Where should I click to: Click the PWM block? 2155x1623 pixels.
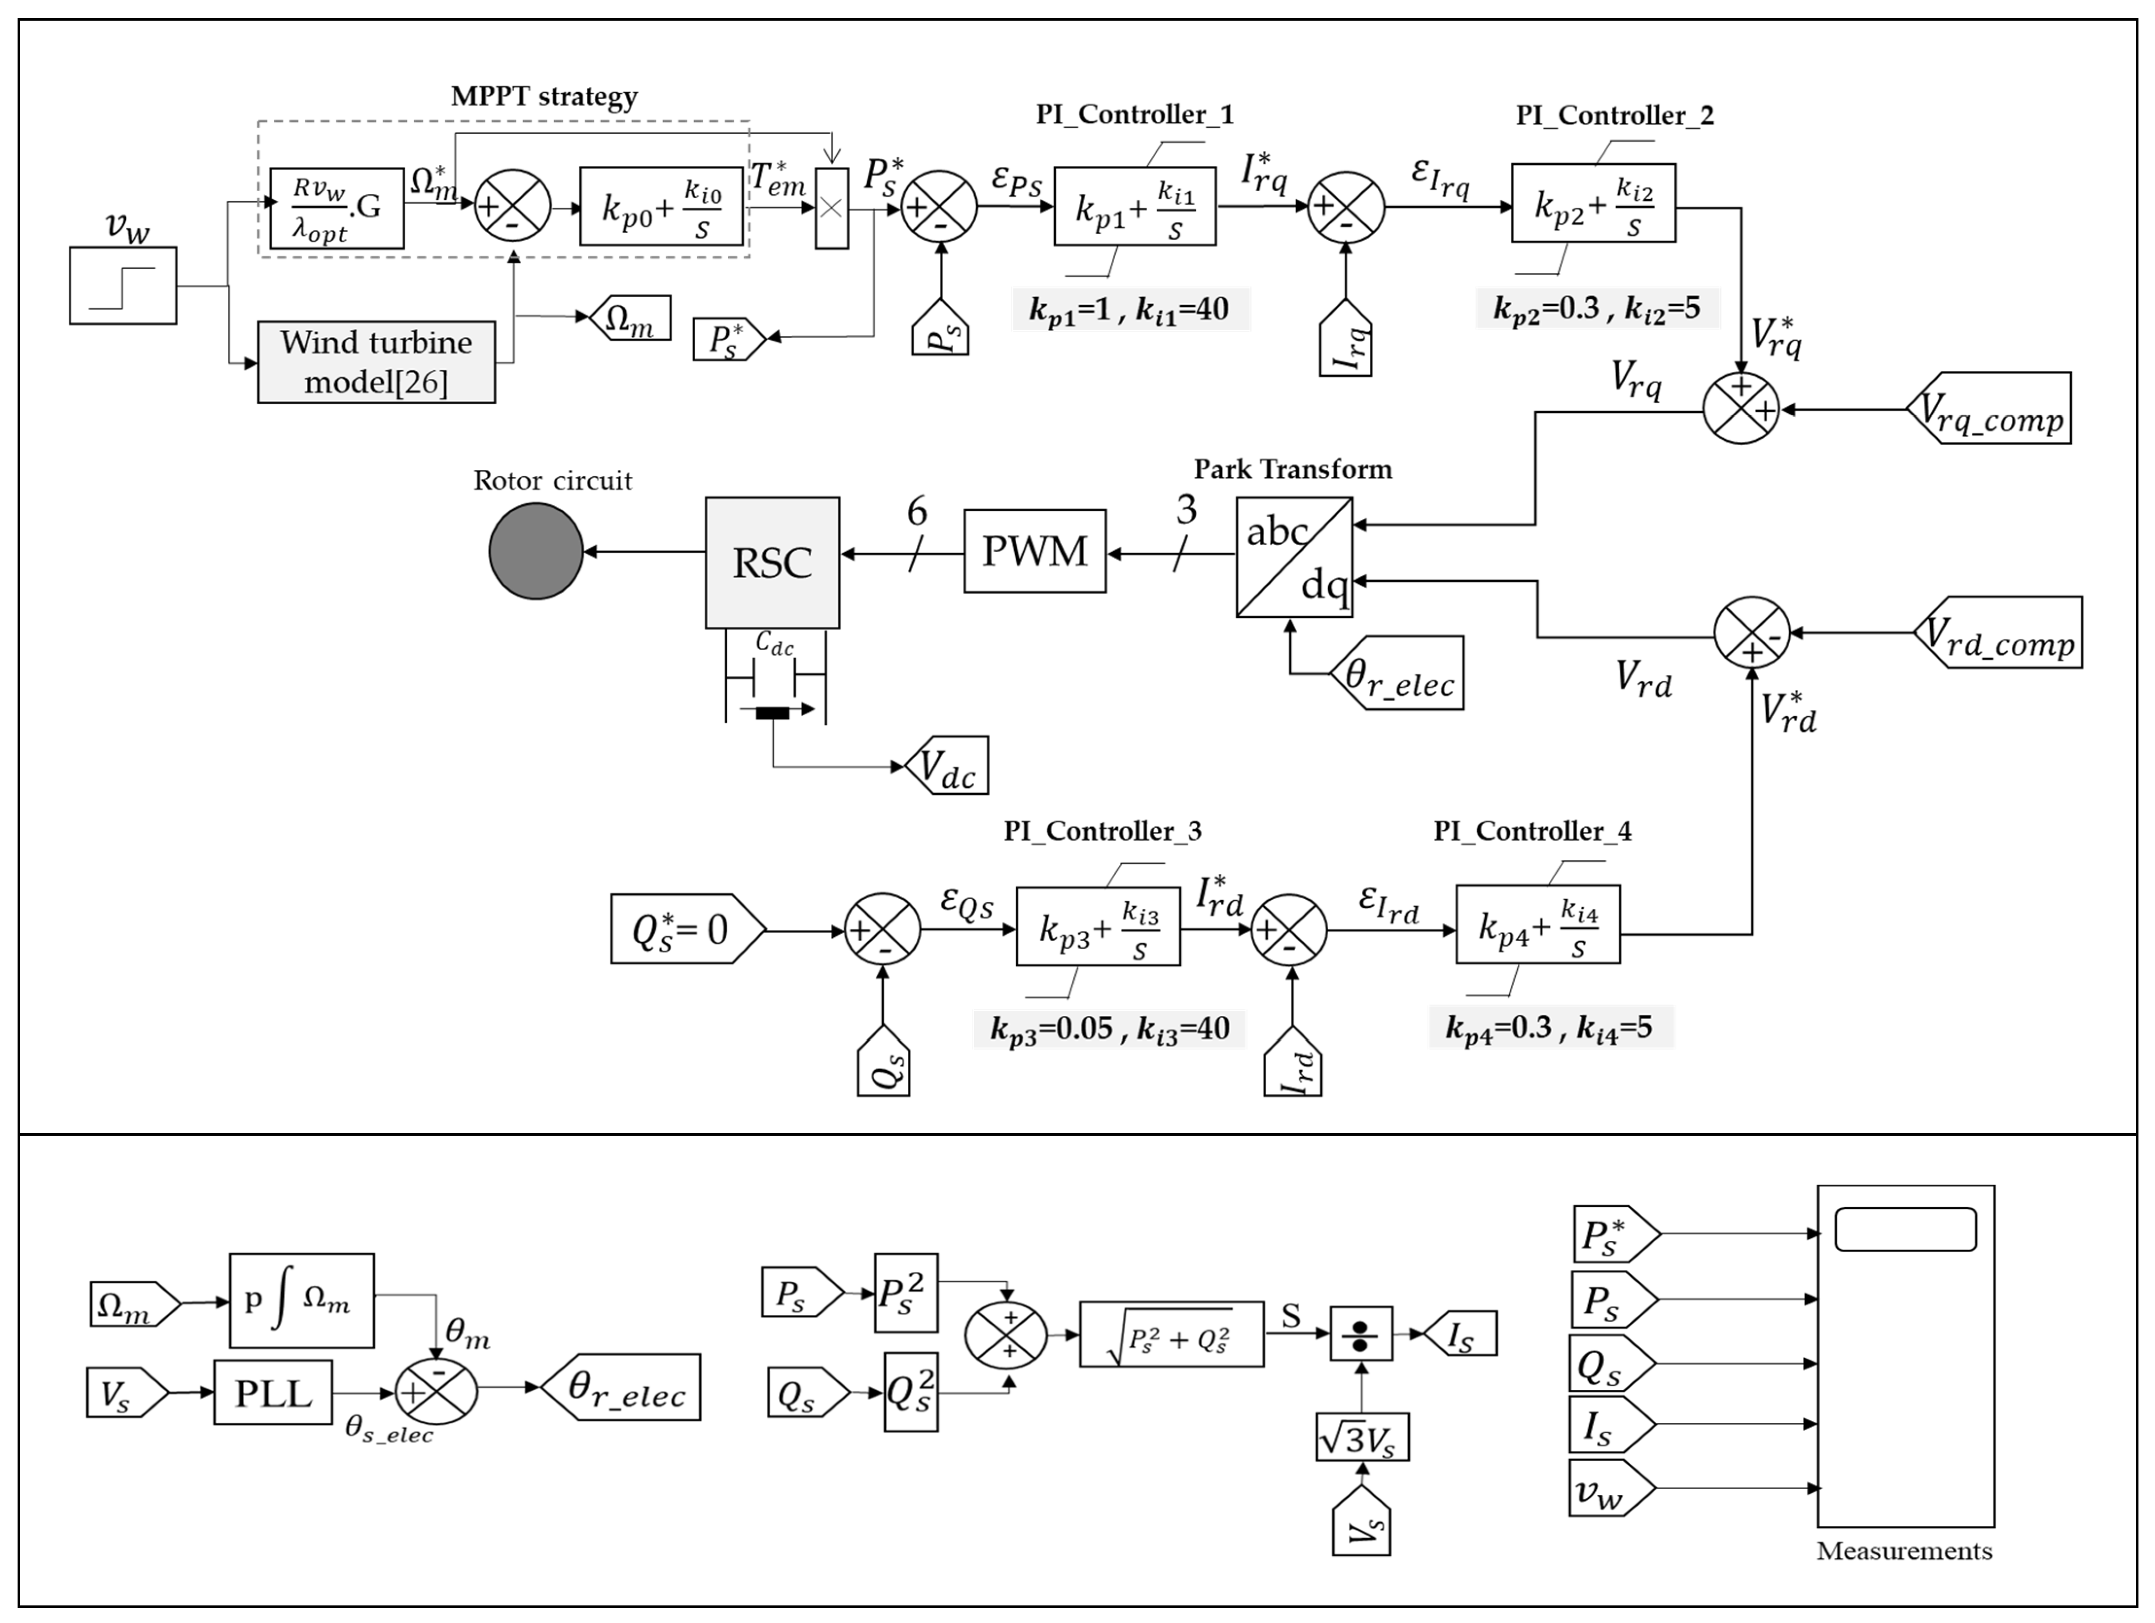(x=1035, y=551)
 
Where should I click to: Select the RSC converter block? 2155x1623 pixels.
(x=772, y=563)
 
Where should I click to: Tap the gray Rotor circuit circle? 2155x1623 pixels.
(x=536, y=551)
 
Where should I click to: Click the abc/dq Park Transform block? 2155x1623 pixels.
(x=1294, y=557)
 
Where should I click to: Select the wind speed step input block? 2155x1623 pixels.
(x=123, y=285)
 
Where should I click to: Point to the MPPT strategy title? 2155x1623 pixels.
(x=544, y=97)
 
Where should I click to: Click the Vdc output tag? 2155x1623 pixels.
(x=947, y=766)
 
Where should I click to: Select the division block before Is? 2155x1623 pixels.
(x=1361, y=1334)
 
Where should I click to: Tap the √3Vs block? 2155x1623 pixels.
(x=1361, y=1437)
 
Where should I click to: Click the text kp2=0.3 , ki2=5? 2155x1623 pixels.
(x=1596, y=309)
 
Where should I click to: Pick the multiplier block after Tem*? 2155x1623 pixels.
(x=831, y=208)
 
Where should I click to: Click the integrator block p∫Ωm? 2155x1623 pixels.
(x=301, y=1301)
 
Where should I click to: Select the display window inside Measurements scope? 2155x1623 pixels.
(x=1905, y=1229)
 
